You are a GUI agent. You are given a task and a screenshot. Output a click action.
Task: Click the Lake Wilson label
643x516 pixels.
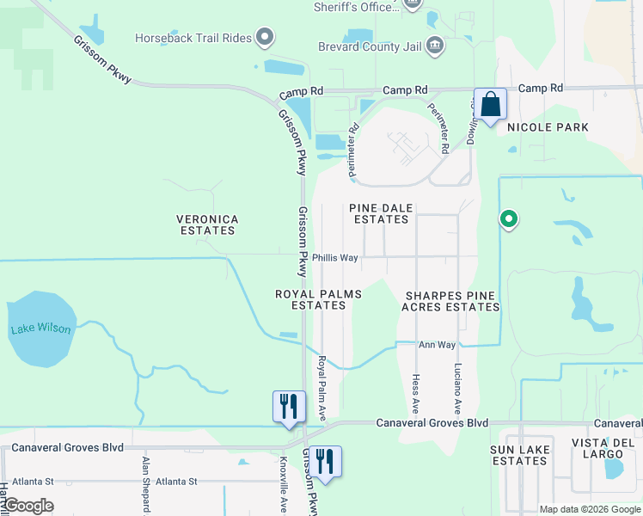[41, 329]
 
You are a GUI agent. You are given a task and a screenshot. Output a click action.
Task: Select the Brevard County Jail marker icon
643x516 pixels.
[436, 44]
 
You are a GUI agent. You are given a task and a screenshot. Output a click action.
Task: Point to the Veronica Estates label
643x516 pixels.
[206, 225]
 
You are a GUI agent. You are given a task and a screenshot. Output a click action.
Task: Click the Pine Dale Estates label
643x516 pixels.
[381, 213]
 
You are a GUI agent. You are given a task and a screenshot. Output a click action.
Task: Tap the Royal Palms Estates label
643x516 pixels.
[318, 299]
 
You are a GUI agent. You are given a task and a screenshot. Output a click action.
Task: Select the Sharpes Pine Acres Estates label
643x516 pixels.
[451, 301]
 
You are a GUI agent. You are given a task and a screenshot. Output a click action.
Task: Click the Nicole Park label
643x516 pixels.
[548, 127]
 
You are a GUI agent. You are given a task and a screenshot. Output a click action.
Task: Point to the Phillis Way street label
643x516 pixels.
[335, 257]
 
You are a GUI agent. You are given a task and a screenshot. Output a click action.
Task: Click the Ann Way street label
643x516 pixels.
[437, 345]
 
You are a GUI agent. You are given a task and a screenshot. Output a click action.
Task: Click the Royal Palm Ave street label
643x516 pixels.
[322, 388]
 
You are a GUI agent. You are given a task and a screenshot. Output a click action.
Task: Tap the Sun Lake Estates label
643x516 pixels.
[519, 455]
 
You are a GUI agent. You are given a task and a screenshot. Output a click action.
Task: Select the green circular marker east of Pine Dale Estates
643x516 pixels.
[509, 219]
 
